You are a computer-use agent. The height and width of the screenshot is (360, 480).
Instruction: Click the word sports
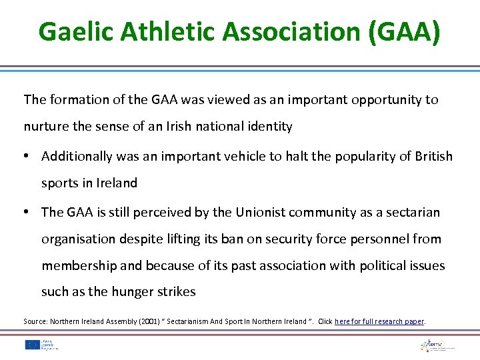point(59,183)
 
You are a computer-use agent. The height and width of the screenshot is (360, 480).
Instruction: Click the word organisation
point(79,239)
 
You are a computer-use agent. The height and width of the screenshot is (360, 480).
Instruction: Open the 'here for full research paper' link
point(379,321)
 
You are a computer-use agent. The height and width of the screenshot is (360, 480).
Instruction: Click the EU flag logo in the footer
point(31,345)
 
